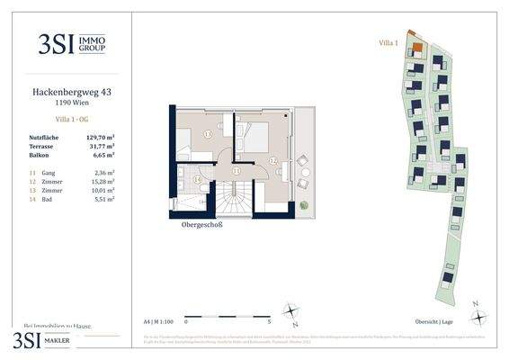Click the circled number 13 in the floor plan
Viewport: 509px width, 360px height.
(x=209, y=134)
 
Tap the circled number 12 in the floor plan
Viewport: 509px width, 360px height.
(x=273, y=160)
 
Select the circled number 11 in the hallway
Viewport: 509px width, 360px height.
(x=236, y=169)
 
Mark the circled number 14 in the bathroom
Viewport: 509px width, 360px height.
(x=198, y=179)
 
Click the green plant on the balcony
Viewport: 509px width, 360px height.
(x=305, y=204)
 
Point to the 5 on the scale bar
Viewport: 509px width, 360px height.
(x=270, y=320)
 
